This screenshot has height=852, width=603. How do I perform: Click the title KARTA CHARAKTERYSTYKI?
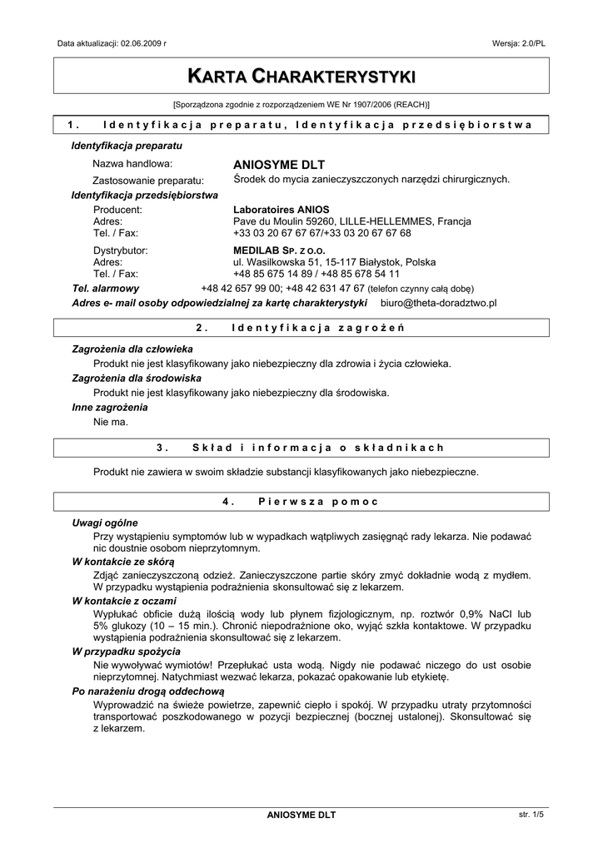tap(301, 77)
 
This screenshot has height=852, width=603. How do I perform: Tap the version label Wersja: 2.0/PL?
tap(519, 42)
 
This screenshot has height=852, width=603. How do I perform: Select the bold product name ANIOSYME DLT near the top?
tap(279, 164)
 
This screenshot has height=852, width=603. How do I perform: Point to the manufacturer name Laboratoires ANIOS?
tap(281, 210)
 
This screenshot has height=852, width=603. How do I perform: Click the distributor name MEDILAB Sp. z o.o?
tap(279, 250)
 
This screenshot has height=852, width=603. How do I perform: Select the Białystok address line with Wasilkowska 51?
tap(334, 261)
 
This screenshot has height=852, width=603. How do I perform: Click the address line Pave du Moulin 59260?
tap(351, 221)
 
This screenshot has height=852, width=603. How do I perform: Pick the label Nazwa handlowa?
tap(132, 164)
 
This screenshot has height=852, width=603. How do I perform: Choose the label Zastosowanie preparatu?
tap(148, 180)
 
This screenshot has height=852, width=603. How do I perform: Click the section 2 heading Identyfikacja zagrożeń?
tap(301, 328)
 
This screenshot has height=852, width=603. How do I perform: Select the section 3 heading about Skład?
tap(301, 448)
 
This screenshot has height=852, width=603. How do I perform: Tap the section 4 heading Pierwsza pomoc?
tap(301, 502)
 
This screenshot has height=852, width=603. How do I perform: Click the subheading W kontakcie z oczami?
tap(124, 600)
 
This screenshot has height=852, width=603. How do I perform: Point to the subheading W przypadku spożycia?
tap(127, 651)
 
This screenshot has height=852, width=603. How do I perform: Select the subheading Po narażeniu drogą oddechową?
tap(148, 691)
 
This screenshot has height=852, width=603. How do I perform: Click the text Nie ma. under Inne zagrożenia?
tap(111, 423)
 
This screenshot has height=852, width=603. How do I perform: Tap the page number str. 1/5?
tap(531, 815)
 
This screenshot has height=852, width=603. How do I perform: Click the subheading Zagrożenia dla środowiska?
tap(137, 378)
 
